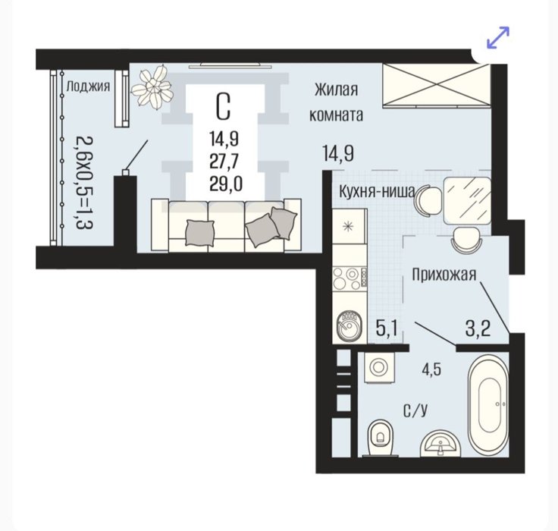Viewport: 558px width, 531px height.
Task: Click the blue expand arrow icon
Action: (x=498, y=37)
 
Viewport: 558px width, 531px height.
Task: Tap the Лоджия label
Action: (x=88, y=86)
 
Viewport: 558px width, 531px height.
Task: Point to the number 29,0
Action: (x=226, y=184)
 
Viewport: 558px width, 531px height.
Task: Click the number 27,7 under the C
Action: (x=224, y=162)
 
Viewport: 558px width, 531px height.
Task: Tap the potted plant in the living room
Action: (x=152, y=87)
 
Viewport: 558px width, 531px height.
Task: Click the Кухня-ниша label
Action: (x=377, y=192)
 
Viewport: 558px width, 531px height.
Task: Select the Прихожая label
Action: (x=444, y=275)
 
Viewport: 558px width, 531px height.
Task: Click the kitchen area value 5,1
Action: (x=387, y=328)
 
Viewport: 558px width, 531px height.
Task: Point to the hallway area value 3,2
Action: (x=478, y=328)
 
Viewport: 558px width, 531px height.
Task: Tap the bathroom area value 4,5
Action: (x=431, y=369)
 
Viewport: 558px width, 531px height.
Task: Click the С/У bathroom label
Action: (x=415, y=411)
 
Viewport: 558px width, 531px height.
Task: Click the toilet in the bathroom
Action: (x=381, y=438)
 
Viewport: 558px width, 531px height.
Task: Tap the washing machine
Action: (x=379, y=367)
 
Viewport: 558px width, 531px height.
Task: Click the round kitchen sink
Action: (x=349, y=326)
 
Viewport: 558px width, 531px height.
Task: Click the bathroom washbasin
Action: (x=440, y=444)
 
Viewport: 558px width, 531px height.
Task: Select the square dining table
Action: (x=467, y=201)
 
